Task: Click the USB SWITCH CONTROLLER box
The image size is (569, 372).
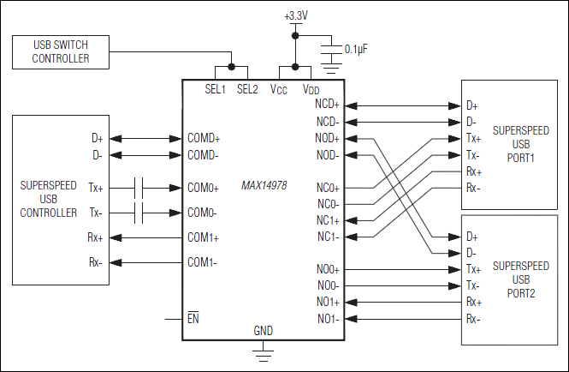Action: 60,52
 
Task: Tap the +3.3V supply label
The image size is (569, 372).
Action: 295,16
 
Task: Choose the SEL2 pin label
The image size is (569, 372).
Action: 247,88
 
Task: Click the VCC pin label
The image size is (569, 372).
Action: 279,88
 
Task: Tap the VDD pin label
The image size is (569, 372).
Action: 311,88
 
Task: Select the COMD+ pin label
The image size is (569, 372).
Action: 204,137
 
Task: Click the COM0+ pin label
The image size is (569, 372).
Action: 203,188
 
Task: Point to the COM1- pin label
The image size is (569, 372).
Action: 203,262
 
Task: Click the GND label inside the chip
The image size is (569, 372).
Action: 264,331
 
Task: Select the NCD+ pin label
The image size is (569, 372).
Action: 328,105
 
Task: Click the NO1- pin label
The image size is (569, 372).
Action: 328,319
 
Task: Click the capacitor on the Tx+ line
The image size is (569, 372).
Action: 141,187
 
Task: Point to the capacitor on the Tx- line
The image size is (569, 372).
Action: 141,213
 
